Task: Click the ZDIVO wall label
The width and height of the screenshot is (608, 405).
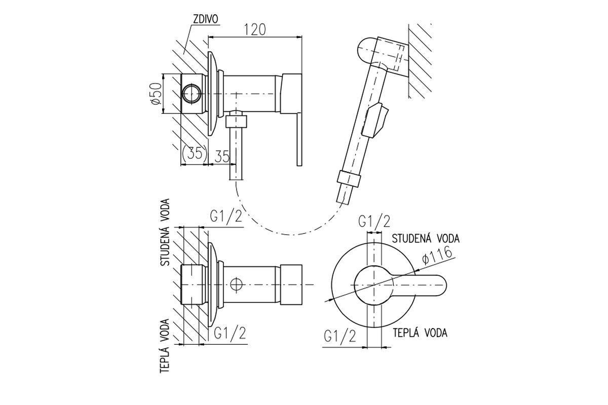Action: (x=206, y=19)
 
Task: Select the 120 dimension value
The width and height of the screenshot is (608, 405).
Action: (x=255, y=29)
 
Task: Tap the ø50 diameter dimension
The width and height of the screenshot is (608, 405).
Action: (x=157, y=94)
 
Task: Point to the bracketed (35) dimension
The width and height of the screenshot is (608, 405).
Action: (x=195, y=153)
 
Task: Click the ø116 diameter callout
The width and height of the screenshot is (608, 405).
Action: (x=437, y=255)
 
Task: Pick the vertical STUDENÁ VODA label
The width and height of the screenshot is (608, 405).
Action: (x=165, y=232)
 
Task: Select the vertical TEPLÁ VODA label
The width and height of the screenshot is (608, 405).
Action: (x=165, y=346)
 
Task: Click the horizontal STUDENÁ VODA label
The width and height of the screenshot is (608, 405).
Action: (x=426, y=238)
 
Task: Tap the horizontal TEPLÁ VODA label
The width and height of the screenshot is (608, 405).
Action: (x=420, y=333)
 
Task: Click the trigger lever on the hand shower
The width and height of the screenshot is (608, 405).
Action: (x=377, y=120)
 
